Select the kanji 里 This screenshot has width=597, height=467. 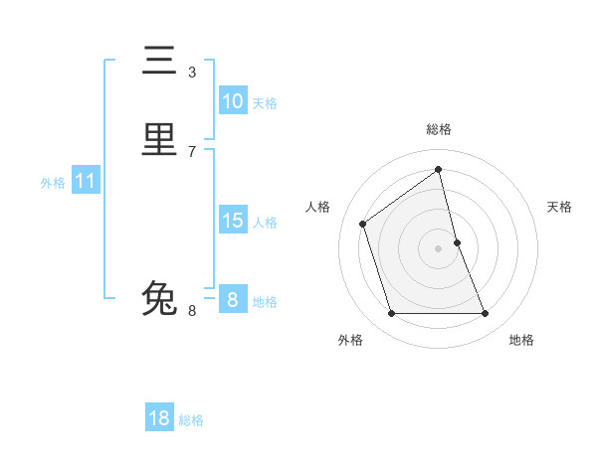[160, 139]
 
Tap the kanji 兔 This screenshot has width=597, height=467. [160, 298]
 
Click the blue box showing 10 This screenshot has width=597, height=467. [233, 101]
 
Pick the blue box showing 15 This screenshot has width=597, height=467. [233, 221]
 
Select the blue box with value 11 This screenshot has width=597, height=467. [86, 182]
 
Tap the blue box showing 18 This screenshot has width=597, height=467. [159, 418]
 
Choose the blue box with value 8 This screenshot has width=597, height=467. [233, 300]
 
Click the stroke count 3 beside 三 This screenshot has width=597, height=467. [192, 72]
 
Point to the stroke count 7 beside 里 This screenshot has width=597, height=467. [192, 151]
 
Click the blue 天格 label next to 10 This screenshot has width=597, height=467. [265, 103]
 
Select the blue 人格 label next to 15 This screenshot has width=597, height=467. [265, 223]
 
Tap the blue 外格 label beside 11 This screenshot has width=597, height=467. [53, 183]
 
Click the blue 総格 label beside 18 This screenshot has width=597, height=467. [191, 420]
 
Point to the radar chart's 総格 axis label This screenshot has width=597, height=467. [439, 129]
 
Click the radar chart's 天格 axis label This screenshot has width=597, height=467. [559, 207]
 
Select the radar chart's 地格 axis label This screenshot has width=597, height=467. [521, 340]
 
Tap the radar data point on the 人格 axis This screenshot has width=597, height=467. [363, 224]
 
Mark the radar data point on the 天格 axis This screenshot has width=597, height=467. [457, 242]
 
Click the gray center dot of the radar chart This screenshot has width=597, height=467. [439, 248]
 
